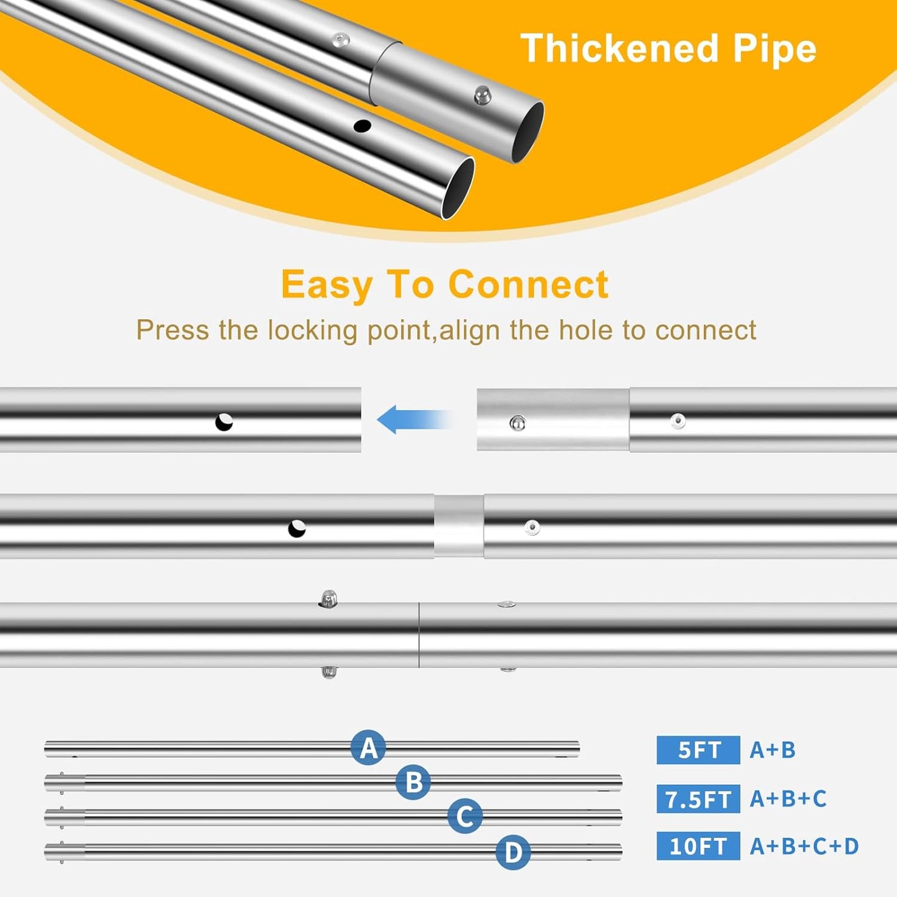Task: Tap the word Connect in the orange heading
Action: pyautogui.click(x=528, y=284)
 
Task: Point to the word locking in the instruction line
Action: pyautogui.click(x=314, y=331)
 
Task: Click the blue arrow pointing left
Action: pyautogui.click(x=413, y=419)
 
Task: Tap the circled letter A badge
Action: pyautogui.click(x=368, y=747)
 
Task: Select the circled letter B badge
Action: pyautogui.click(x=413, y=782)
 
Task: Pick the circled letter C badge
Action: pyautogui.click(x=465, y=816)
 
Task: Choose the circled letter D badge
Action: pyautogui.click(x=513, y=852)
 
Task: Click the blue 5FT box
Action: pyautogui.click(x=698, y=749)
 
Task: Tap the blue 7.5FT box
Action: pyautogui.click(x=698, y=799)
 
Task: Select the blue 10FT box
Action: pyautogui.click(x=698, y=845)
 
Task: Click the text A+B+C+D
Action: pyautogui.click(x=805, y=846)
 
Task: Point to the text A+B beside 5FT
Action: pyautogui.click(x=773, y=750)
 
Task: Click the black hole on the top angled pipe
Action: pyautogui.click(x=362, y=125)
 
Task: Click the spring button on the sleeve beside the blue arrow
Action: pyautogui.click(x=518, y=423)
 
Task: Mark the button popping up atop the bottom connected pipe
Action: pyautogui.click(x=328, y=598)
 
